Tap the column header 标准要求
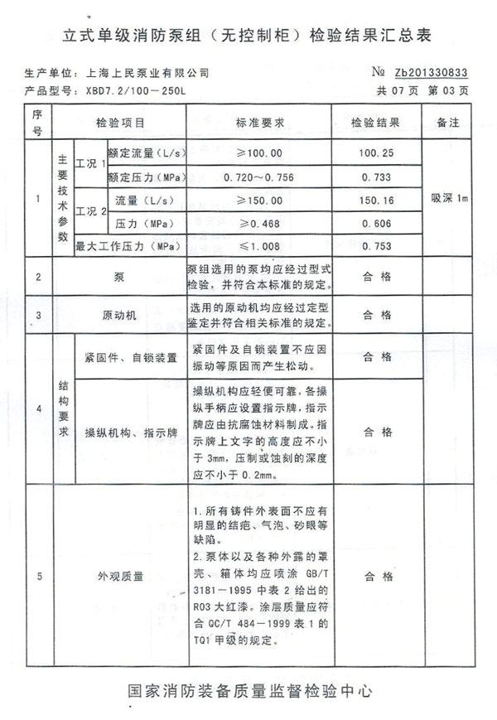click(260, 122)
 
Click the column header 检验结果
click(376, 122)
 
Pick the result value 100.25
click(376, 153)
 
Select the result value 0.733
click(376, 176)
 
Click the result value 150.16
click(376, 200)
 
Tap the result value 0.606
click(376, 223)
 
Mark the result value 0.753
click(376, 245)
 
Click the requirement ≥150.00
click(260, 200)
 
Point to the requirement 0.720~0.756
click(260, 176)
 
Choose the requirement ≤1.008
click(260, 245)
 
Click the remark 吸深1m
click(450, 199)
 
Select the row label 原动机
click(118, 316)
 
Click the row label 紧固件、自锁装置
click(131, 358)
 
